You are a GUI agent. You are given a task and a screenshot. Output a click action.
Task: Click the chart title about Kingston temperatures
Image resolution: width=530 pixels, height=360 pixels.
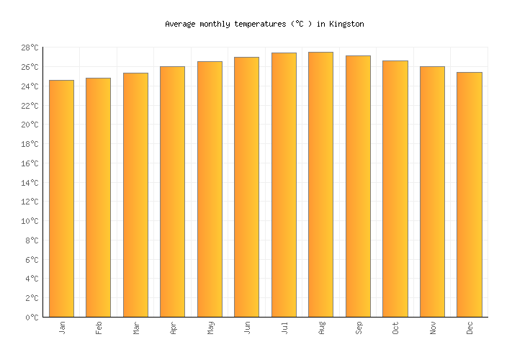(x=264, y=24)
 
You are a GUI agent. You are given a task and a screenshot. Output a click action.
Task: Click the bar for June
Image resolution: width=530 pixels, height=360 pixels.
(x=246, y=186)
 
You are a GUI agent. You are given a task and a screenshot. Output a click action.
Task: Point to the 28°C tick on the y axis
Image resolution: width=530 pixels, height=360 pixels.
(x=29, y=48)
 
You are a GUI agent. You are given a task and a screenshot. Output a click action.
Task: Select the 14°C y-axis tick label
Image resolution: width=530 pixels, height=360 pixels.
(x=29, y=183)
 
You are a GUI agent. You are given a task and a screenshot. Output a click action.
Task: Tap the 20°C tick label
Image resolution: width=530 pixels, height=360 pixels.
(x=29, y=125)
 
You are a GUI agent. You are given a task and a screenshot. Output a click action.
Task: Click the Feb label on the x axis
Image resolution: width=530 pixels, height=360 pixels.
(x=99, y=328)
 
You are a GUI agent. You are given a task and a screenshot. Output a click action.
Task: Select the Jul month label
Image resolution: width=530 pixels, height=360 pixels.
(x=284, y=328)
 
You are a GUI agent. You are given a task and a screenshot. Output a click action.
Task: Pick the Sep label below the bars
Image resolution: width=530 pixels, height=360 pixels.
(x=358, y=328)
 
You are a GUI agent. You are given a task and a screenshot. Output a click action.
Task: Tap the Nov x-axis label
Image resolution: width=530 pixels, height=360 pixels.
(x=432, y=328)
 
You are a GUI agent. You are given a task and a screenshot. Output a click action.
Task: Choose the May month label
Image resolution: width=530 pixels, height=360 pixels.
(x=210, y=328)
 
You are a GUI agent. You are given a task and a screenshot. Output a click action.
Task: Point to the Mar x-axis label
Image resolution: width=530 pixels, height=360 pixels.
(x=135, y=328)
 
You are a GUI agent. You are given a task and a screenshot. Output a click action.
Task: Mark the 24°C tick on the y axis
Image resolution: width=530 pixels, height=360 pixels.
(x=29, y=86)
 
